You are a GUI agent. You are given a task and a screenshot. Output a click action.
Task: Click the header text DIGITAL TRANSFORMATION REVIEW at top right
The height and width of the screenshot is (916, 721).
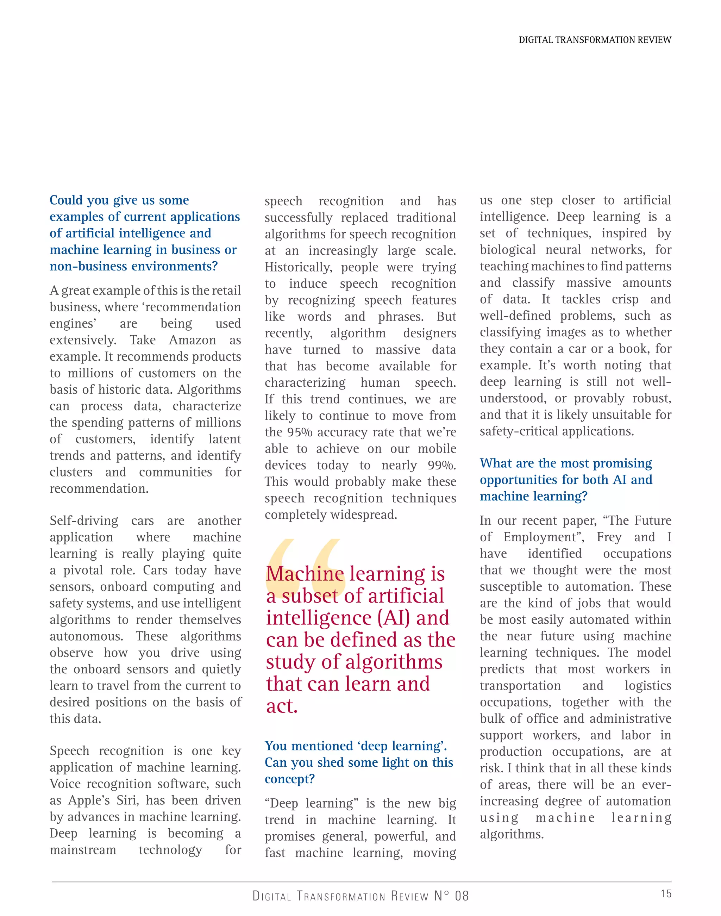[594, 40]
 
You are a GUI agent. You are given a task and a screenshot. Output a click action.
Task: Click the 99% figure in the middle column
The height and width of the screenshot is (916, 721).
[441, 465]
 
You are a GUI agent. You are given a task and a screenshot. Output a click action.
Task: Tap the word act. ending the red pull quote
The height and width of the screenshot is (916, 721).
[282, 706]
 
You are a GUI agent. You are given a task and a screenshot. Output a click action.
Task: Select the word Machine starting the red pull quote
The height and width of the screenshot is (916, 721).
[305, 574]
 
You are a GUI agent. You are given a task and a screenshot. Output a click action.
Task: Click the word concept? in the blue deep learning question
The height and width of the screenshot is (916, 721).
[290, 779]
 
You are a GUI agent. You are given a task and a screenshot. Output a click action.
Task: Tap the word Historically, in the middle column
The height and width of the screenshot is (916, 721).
[298, 267]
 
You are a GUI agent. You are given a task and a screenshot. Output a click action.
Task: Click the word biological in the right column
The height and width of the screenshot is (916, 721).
[507, 250]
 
